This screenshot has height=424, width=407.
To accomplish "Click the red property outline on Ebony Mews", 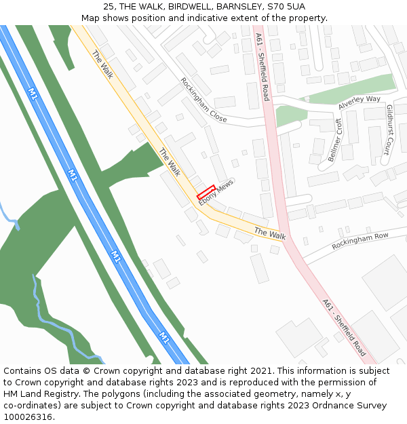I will click(206, 192).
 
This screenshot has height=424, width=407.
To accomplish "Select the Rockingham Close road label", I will click(203, 100).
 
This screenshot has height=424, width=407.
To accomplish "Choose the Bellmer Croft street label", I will click(335, 140).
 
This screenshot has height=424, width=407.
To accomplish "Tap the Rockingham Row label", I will click(360, 241).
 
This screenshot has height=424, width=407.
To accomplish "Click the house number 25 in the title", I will click(109, 6).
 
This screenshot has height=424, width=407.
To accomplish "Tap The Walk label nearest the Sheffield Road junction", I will click(269, 233).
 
